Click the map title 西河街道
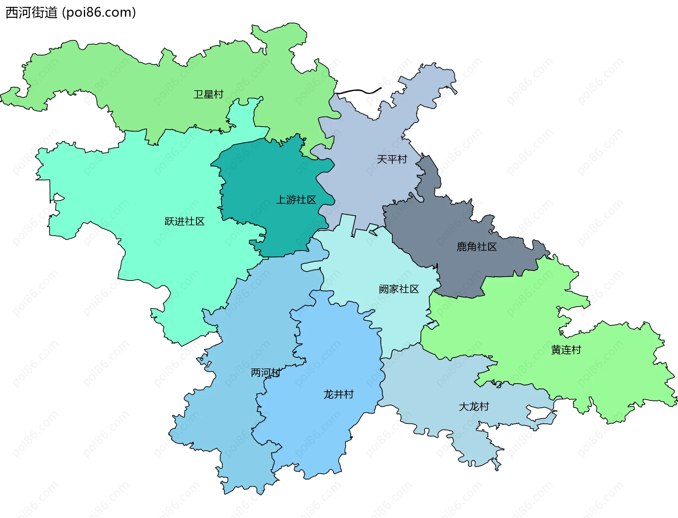(32, 13)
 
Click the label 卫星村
(208, 95)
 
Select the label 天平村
(392, 159)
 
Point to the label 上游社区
(296, 200)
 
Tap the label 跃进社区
(184, 222)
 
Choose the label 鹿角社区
(476, 247)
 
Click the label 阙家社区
(399, 289)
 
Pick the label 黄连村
(566, 350)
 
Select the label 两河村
(266, 373)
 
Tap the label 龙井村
(338, 394)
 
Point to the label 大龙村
(474, 407)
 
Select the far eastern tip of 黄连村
(676, 400)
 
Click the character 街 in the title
(38, 13)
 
